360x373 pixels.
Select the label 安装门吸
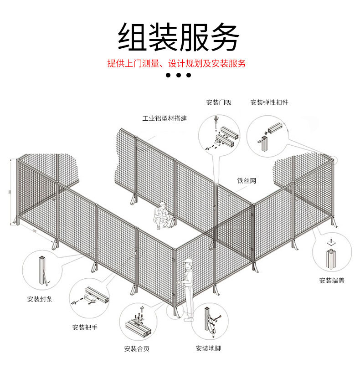click(x=219, y=102)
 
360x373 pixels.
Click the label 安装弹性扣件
click(x=269, y=102)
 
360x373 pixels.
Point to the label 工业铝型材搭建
click(x=165, y=118)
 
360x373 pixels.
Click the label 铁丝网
click(x=247, y=181)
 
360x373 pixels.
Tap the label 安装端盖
click(x=332, y=281)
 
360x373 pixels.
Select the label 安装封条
click(x=40, y=299)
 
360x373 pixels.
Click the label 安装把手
click(x=85, y=327)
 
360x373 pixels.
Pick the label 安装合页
click(x=137, y=349)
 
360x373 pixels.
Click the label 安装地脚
click(x=208, y=348)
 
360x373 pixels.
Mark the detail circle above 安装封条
click(x=43, y=270)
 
